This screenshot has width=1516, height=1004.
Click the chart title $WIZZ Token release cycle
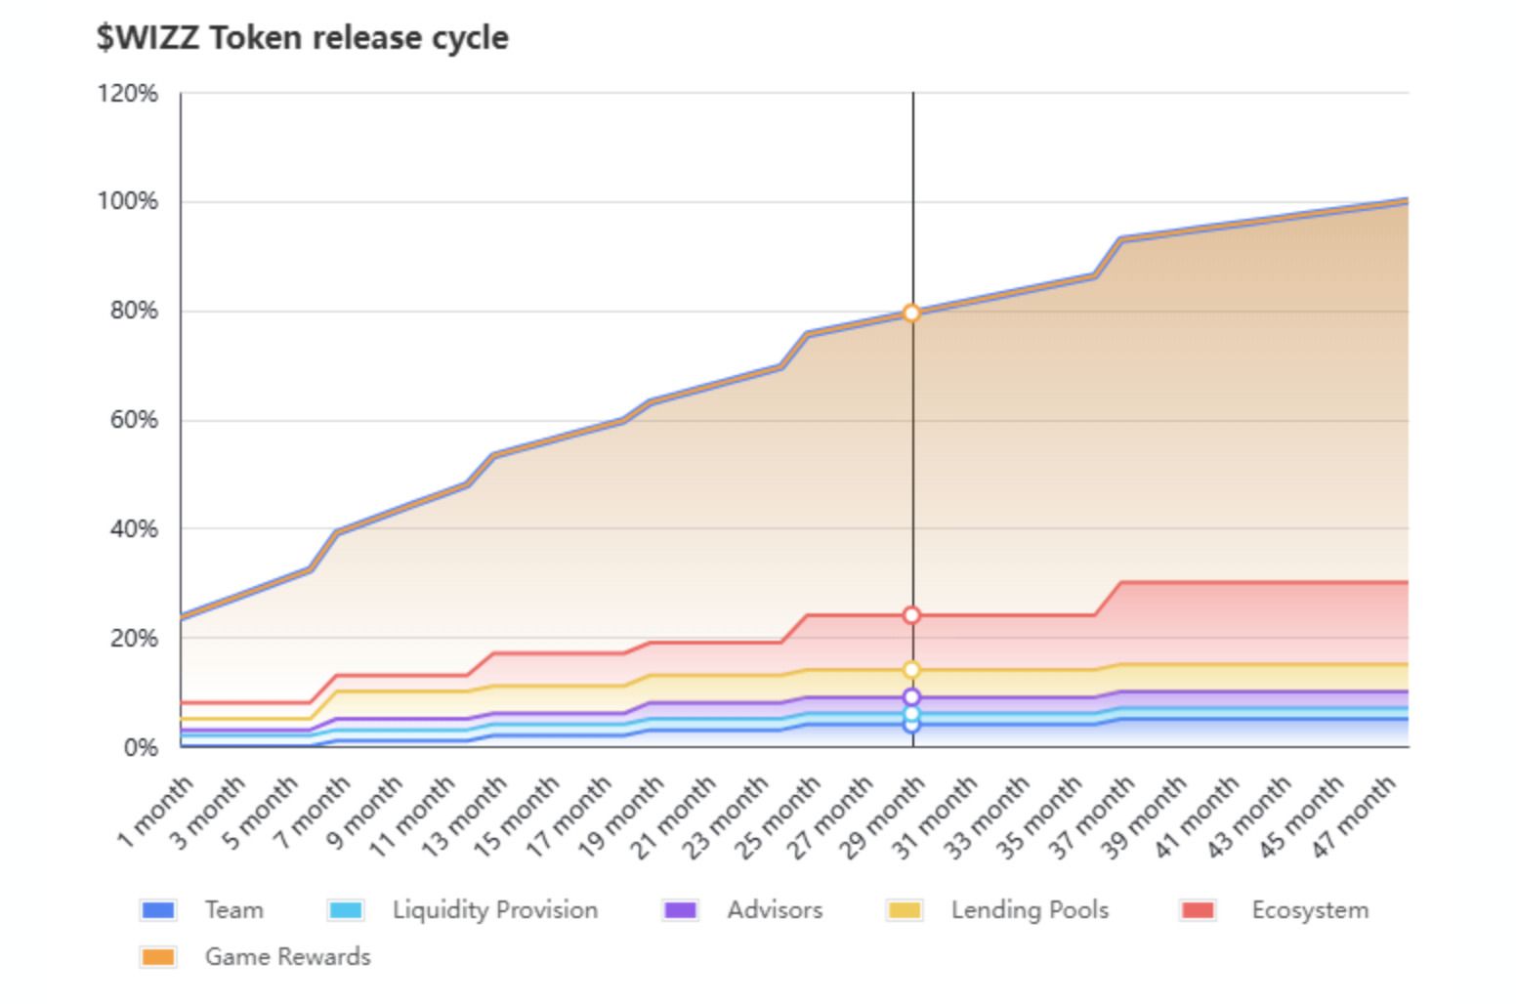302,38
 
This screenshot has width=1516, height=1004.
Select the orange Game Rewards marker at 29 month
911,313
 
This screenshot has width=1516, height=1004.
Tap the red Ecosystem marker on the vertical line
911,615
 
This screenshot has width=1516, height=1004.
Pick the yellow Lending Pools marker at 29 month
911,670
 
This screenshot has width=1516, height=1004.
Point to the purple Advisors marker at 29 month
911,697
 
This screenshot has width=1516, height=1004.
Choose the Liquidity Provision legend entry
463,910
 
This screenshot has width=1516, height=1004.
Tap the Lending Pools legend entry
997,910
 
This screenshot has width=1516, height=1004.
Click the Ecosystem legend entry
1276,910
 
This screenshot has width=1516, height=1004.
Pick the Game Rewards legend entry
255,957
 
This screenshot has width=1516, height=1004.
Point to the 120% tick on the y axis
127,94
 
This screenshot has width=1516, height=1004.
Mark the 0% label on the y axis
141,748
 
